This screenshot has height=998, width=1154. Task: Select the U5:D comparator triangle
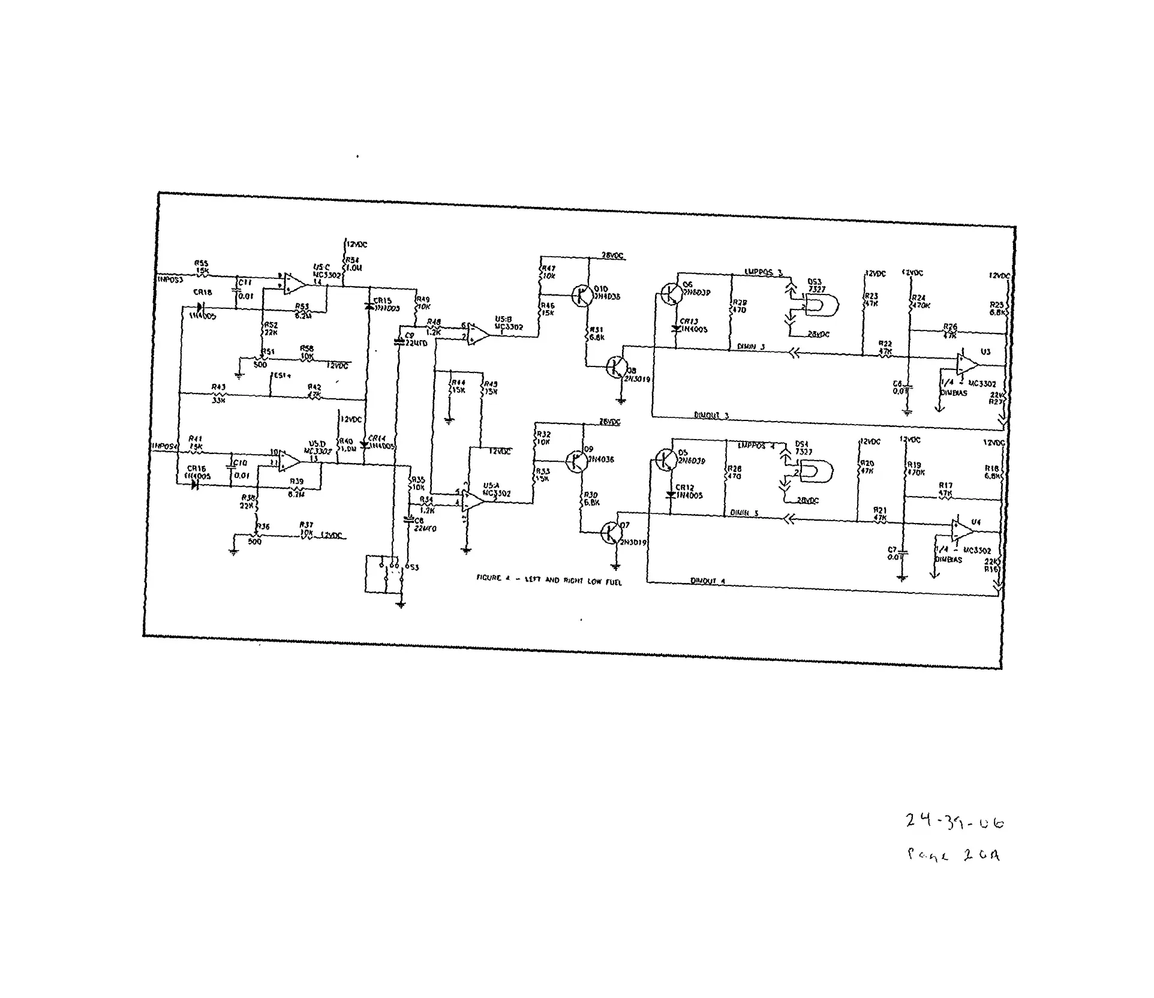point(290,460)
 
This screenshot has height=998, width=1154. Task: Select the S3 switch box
point(384,574)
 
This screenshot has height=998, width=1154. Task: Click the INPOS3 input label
point(170,279)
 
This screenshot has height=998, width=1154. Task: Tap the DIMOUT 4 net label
point(708,581)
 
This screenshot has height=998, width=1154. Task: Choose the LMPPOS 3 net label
point(764,272)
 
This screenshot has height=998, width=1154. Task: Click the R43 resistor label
point(218,387)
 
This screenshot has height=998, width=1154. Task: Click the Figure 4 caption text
point(549,580)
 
